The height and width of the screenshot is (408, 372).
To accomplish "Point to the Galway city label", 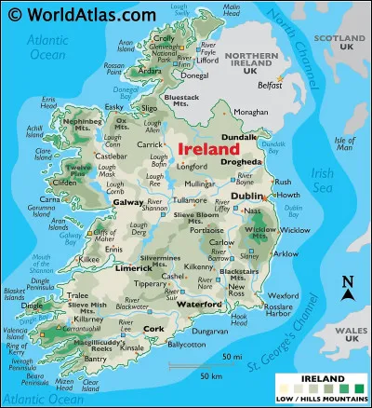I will coord(128,201).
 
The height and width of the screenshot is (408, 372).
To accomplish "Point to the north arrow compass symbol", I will coord(348,289).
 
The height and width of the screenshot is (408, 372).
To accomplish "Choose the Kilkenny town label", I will coord(199,266).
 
